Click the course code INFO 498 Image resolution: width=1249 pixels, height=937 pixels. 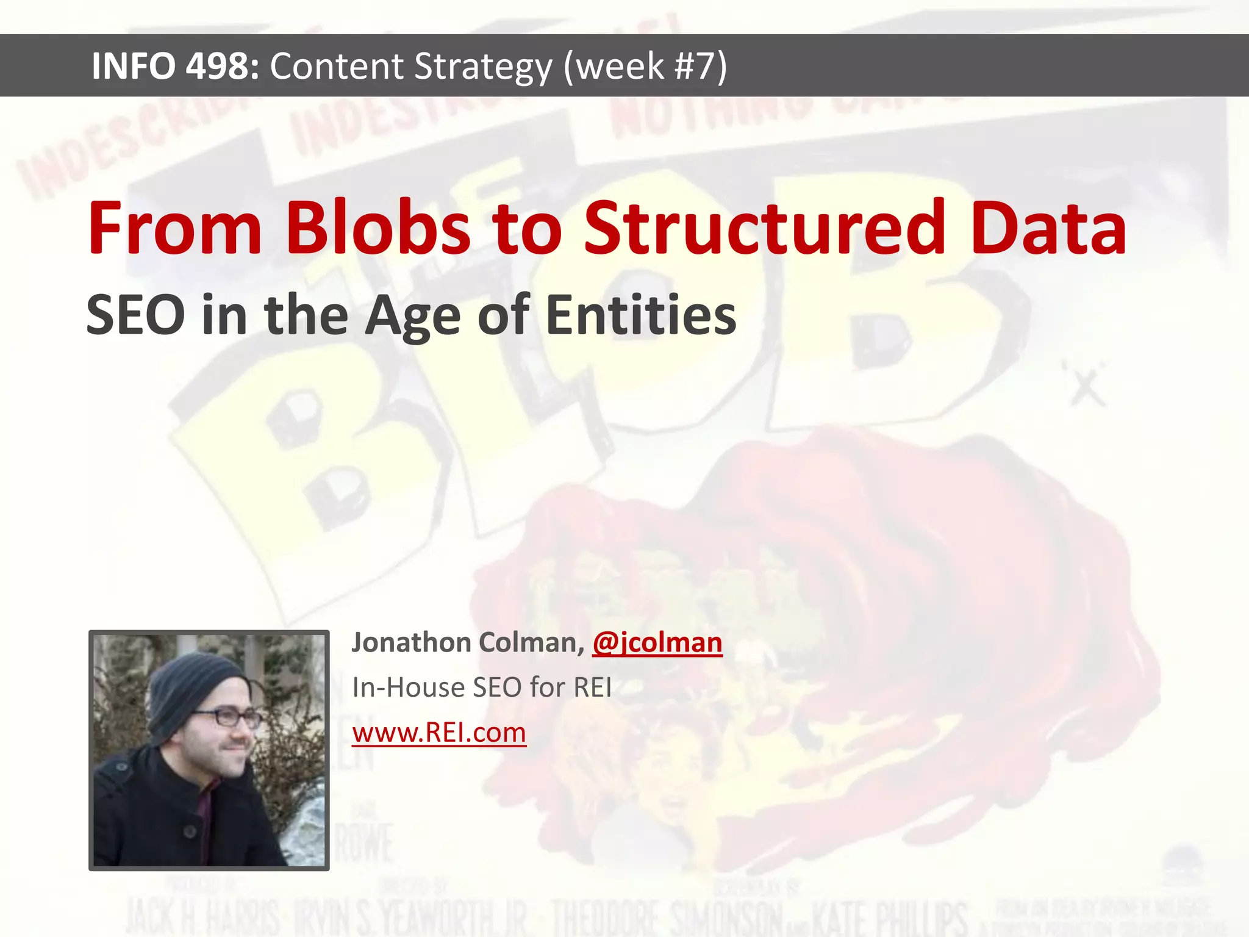point(176,66)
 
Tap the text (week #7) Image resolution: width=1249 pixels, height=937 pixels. point(645,66)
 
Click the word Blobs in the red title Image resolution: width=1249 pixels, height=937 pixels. point(378,228)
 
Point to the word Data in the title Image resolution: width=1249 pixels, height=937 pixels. point(1048,228)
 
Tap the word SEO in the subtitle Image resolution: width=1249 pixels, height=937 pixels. point(135,315)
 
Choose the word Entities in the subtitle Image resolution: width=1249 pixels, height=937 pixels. point(640,315)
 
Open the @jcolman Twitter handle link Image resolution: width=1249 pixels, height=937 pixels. point(657,643)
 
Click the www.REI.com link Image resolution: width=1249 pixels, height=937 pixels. point(439,733)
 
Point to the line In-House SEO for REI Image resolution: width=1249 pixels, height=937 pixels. point(482,687)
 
